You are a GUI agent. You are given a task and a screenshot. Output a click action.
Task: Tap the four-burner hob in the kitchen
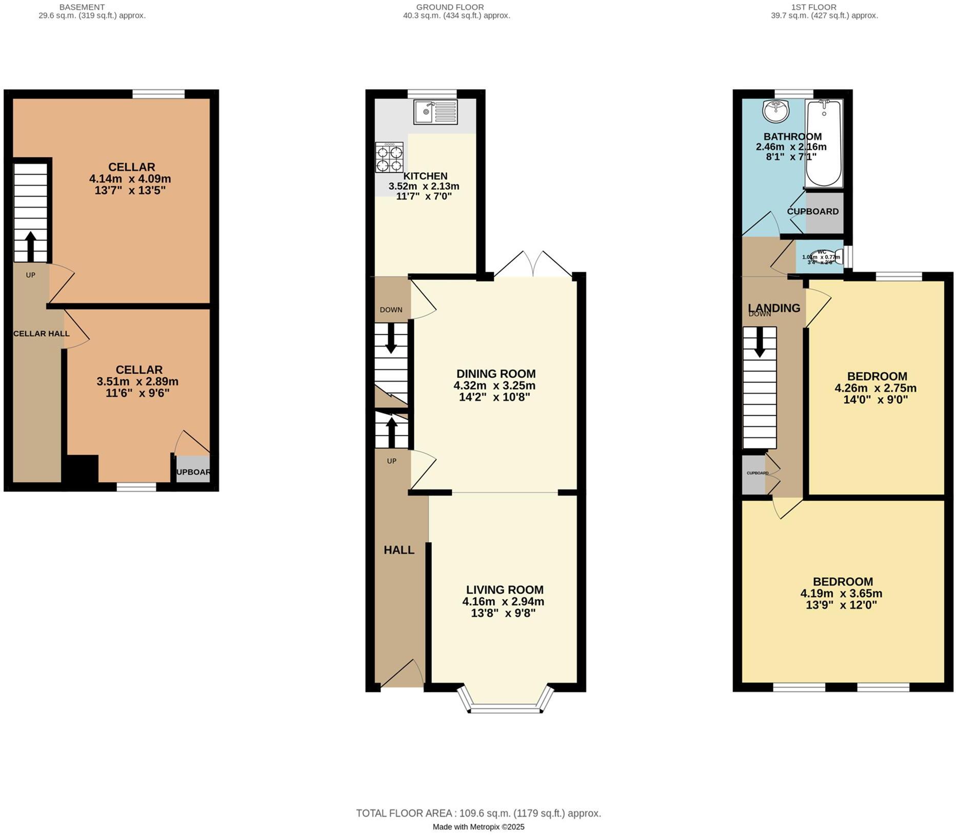click(x=389, y=158)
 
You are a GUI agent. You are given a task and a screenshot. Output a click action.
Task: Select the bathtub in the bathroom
click(x=824, y=144)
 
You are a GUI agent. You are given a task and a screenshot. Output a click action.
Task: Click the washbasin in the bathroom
click(x=775, y=111)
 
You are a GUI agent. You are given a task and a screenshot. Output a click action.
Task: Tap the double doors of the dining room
click(x=533, y=264)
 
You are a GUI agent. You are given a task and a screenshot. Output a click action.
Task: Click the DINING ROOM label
click(x=495, y=374)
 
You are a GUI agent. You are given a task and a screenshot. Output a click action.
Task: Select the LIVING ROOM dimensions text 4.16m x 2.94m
click(x=503, y=601)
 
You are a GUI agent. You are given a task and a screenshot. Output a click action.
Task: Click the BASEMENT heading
click(x=82, y=7)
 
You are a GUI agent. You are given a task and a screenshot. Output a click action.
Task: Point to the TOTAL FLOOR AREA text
click(x=478, y=813)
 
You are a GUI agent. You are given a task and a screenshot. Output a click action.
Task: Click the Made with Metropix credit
click(x=478, y=827)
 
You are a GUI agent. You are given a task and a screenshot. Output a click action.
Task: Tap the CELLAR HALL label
click(x=41, y=334)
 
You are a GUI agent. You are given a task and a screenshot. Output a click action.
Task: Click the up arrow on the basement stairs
click(x=30, y=246)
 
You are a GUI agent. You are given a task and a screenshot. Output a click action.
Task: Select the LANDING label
click(x=773, y=308)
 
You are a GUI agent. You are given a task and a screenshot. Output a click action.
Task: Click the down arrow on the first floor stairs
click(x=760, y=342)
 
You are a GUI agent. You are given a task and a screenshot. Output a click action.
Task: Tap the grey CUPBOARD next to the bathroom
click(x=824, y=211)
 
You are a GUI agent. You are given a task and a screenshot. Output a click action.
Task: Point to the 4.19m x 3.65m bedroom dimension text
click(x=841, y=594)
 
